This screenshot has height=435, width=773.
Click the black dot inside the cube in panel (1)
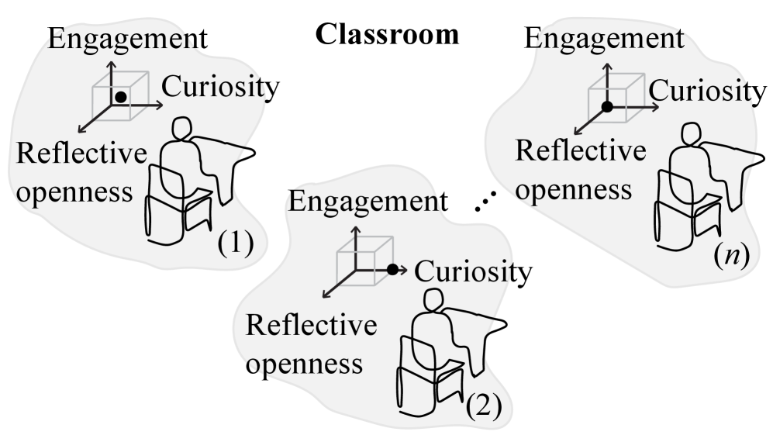point(121,97)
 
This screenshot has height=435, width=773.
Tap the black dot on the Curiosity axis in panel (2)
point(392,269)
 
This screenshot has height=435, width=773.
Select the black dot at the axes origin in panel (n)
point(608,105)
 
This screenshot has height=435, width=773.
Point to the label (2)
point(484,404)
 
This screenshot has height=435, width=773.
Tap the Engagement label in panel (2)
point(364,203)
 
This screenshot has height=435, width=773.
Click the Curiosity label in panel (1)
point(214,88)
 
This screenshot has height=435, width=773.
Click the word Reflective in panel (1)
point(81,154)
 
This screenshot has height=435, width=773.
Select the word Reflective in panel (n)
point(581,150)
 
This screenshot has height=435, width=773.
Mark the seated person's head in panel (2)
point(433,302)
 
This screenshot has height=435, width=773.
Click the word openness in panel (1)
point(74,192)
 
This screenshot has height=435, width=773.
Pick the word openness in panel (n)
point(573,188)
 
